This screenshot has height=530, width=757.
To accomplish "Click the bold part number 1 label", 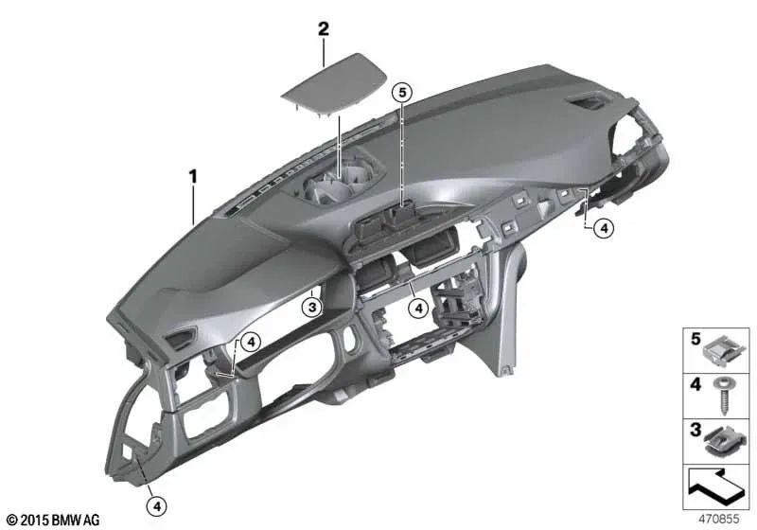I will [193, 175].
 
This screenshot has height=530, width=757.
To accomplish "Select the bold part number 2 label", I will [325, 29].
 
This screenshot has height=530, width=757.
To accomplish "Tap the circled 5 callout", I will [402, 92].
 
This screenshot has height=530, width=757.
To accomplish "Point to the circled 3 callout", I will [312, 305].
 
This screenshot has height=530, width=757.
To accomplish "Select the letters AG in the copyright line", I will [91, 520].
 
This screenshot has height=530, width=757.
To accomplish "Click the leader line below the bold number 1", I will [194, 203].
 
